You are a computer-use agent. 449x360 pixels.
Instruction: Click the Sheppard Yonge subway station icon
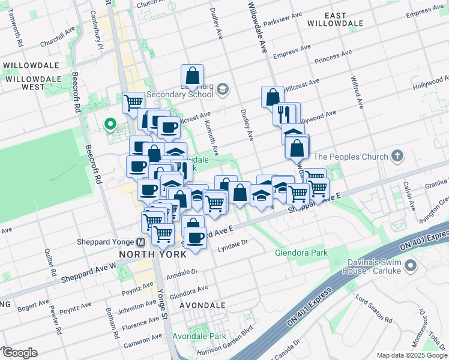point(140,242)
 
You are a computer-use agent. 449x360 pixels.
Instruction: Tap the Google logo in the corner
point(19,353)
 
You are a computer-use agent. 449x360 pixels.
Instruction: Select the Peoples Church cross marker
point(396,157)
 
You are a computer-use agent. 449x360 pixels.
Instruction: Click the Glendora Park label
point(301,253)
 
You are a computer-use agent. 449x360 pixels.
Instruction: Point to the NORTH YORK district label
point(152,253)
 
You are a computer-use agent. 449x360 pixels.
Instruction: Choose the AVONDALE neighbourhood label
point(202,305)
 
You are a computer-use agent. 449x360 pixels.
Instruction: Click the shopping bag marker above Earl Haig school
point(192,76)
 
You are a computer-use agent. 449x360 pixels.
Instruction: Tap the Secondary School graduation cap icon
point(223,90)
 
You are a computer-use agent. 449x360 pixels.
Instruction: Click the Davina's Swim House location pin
point(411,265)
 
